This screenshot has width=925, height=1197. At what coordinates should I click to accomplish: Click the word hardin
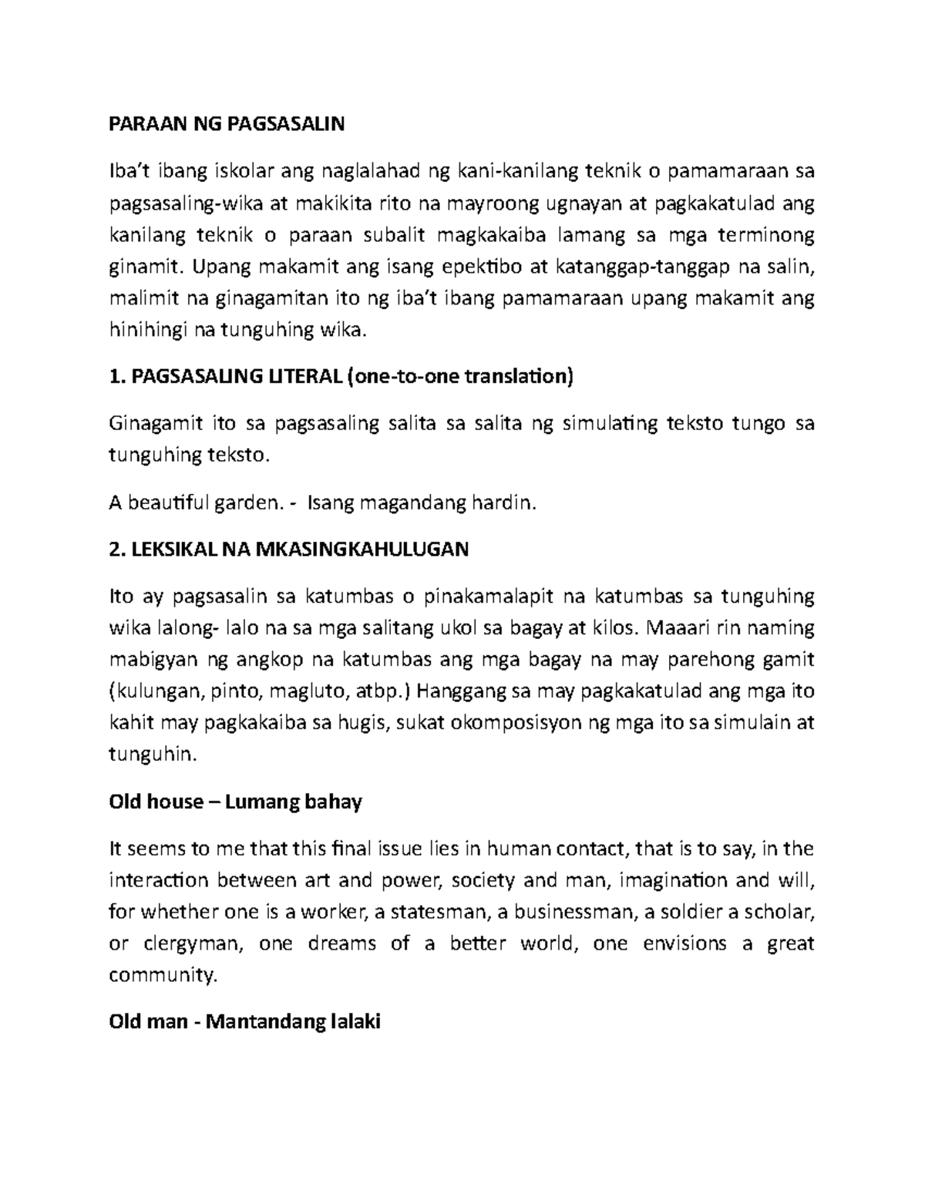501,503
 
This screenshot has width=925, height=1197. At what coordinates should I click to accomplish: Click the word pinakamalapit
483,597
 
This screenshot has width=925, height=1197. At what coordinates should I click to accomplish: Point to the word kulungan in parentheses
153,691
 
